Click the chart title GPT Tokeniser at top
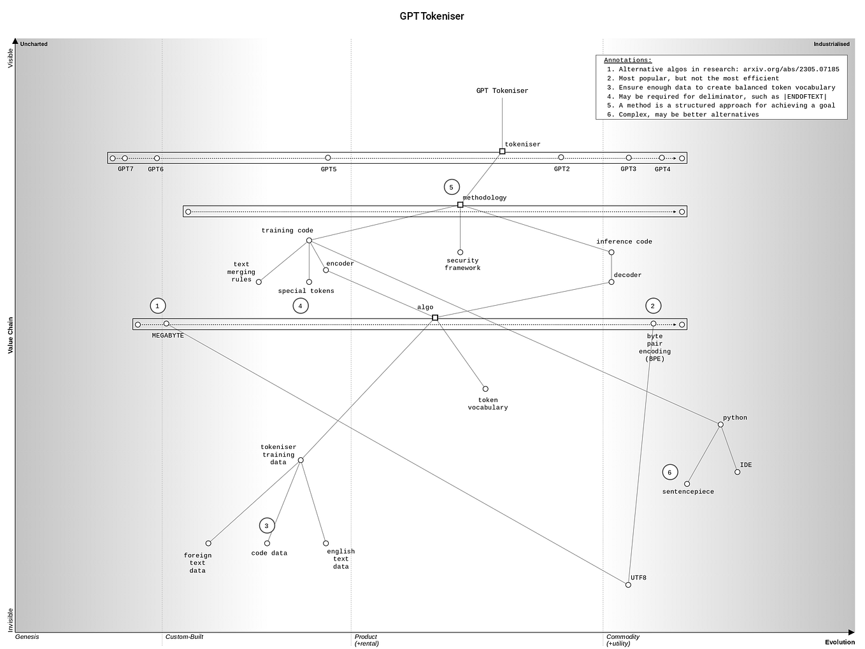pos(432,17)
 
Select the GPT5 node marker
pos(328,158)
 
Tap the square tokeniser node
pos(502,152)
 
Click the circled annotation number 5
pos(451,187)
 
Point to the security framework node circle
pos(460,252)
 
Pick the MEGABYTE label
pos(168,336)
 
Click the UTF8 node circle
pos(628,585)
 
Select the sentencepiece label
pos(688,492)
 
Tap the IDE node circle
pos(737,472)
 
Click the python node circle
pos(720,425)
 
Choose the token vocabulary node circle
pos(485,389)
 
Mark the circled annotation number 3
pos(267,526)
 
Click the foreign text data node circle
pos(208,543)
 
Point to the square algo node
pos(435,318)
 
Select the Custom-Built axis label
pos(184,637)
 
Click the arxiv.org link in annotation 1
pos(790,69)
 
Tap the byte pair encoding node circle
pos(654,324)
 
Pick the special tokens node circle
pos(309,282)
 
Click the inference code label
pos(624,241)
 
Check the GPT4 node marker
pos(662,158)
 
